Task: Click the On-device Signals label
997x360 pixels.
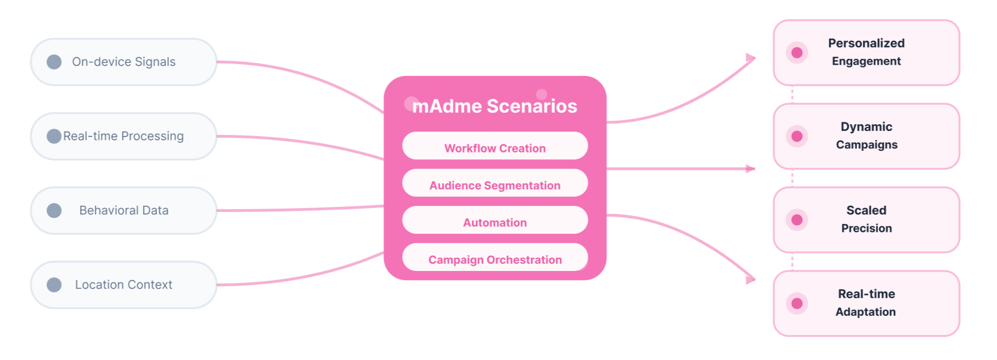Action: [x=124, y=62]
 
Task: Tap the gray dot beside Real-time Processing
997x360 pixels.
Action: [x=54, y=136]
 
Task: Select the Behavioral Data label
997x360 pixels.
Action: [x=124, y=210]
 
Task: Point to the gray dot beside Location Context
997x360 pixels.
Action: [x=54, y=285]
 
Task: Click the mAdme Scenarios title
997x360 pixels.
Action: [x=494, y=106]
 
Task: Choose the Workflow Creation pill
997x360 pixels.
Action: [x=495, y=148]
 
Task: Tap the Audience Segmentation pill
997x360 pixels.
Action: [x=495, y=185]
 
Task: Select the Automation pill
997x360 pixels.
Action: [x=495, y=222]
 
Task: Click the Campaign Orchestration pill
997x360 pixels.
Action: [x=495, y=259]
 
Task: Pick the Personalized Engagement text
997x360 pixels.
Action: [x=866, y=52]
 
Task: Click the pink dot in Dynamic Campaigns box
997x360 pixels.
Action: [x=797, y=136]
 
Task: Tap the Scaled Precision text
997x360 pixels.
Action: [x=866, y=219]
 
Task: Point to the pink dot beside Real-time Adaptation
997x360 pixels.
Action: [x=797, y=303]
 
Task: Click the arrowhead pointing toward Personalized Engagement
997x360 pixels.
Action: [x=750, y=58]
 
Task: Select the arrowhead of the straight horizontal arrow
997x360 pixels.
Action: [x=750, y=169]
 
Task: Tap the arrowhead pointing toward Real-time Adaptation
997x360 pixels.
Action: [x=750, y=279]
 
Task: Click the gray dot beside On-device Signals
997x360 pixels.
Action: [x=54, y=62]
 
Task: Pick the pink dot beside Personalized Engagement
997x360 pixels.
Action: [x=797, y=53]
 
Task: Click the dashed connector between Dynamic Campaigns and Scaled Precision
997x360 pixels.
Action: [x=792, y=178]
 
